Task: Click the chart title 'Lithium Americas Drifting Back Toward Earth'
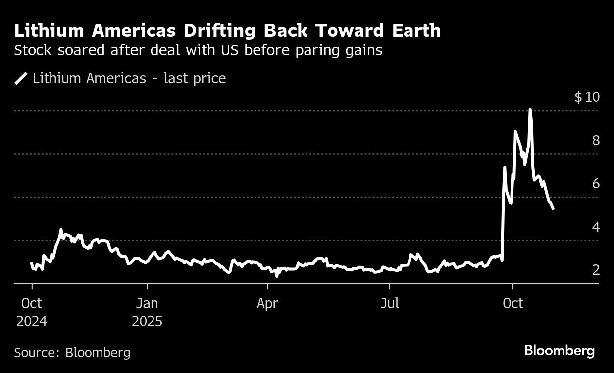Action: point(227,31)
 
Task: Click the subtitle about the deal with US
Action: point(198,50)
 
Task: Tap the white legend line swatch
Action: point(21,78)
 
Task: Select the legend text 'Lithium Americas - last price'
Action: point(129,78)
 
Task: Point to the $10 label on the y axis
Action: point(587,97)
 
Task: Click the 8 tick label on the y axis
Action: point(596,140)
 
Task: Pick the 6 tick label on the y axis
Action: point(596,184)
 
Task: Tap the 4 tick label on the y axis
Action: point(596,227)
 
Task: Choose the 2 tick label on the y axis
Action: point(596,270)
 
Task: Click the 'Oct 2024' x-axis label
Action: point(32,312)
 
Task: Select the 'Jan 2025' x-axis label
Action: point(147,312)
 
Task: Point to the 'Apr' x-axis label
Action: point(268,303)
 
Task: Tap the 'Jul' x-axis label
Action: point(390,303)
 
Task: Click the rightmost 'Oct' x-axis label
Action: point(513,303)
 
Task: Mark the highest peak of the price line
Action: point(530,109)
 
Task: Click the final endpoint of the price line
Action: point(553,208)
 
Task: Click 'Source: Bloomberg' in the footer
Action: point(72,353)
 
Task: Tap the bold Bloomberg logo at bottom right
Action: point(559,351)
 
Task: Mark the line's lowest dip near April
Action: point(277,275)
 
